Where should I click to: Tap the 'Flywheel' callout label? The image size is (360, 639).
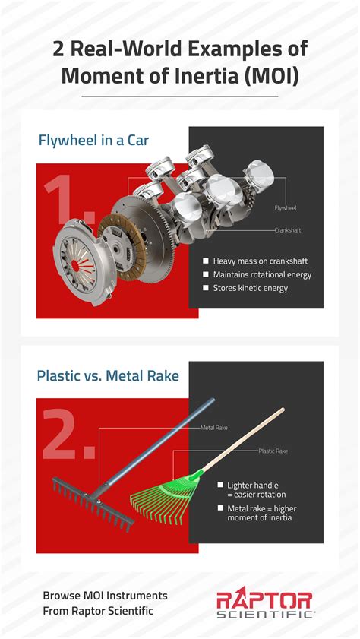(x=285, y=206)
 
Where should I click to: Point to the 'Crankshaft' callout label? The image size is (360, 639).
(x=289, y=229)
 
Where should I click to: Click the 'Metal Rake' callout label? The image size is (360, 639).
(x=213, y=428)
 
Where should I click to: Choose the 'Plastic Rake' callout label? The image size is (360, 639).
(x=272, y=451)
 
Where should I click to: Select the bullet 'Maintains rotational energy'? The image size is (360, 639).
(x=262, y=274)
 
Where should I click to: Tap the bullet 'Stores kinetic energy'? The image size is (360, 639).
(x=251, y=289)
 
